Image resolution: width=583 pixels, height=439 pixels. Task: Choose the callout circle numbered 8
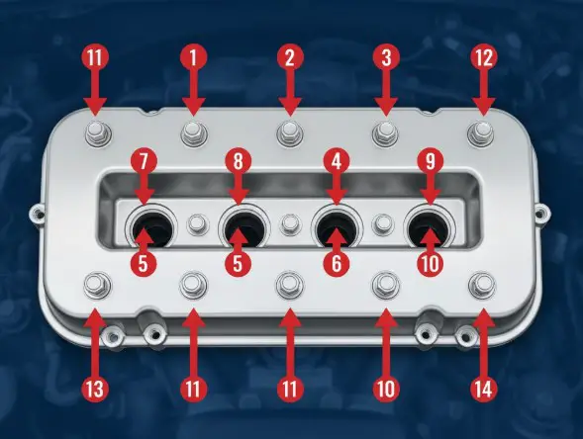pyautogui.click(x=238, y=160)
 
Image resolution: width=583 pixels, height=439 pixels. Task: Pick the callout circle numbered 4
pyautogui.click(x=336, y=160)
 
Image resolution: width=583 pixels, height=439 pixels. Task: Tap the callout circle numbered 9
pyautogui.click(x=430, y=160)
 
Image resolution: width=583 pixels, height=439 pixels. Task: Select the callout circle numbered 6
pyautogui.click(x=336, y=265)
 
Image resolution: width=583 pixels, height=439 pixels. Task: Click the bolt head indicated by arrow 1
pyautogui.click(x=191, y=131)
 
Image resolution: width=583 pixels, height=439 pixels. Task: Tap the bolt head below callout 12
pyautogui.click(x=482, y=131)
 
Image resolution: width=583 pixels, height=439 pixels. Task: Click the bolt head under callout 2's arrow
pyautogui.click(x=287, y=131)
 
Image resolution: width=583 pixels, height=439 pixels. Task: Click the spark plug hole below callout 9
pyautogui.click(x=430, y=225)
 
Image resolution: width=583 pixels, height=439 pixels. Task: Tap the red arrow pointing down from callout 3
pyautogui.click(x=384, y=96)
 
